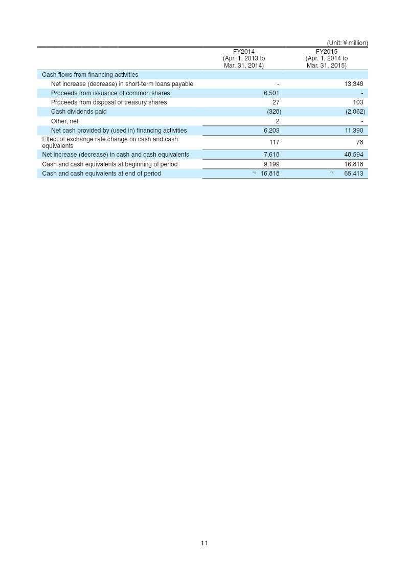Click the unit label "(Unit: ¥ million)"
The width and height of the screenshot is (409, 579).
347,43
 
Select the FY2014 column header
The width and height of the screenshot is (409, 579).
244,58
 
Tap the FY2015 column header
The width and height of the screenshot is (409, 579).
327,58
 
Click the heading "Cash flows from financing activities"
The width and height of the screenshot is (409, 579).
90,75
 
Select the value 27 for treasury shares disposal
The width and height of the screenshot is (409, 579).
276,102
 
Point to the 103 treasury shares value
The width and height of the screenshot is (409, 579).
358,102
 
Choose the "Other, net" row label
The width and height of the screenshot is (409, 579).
64,121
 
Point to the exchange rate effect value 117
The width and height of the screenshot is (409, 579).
274,142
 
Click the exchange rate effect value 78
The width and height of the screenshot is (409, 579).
359,142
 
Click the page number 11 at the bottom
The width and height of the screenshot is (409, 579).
204,543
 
